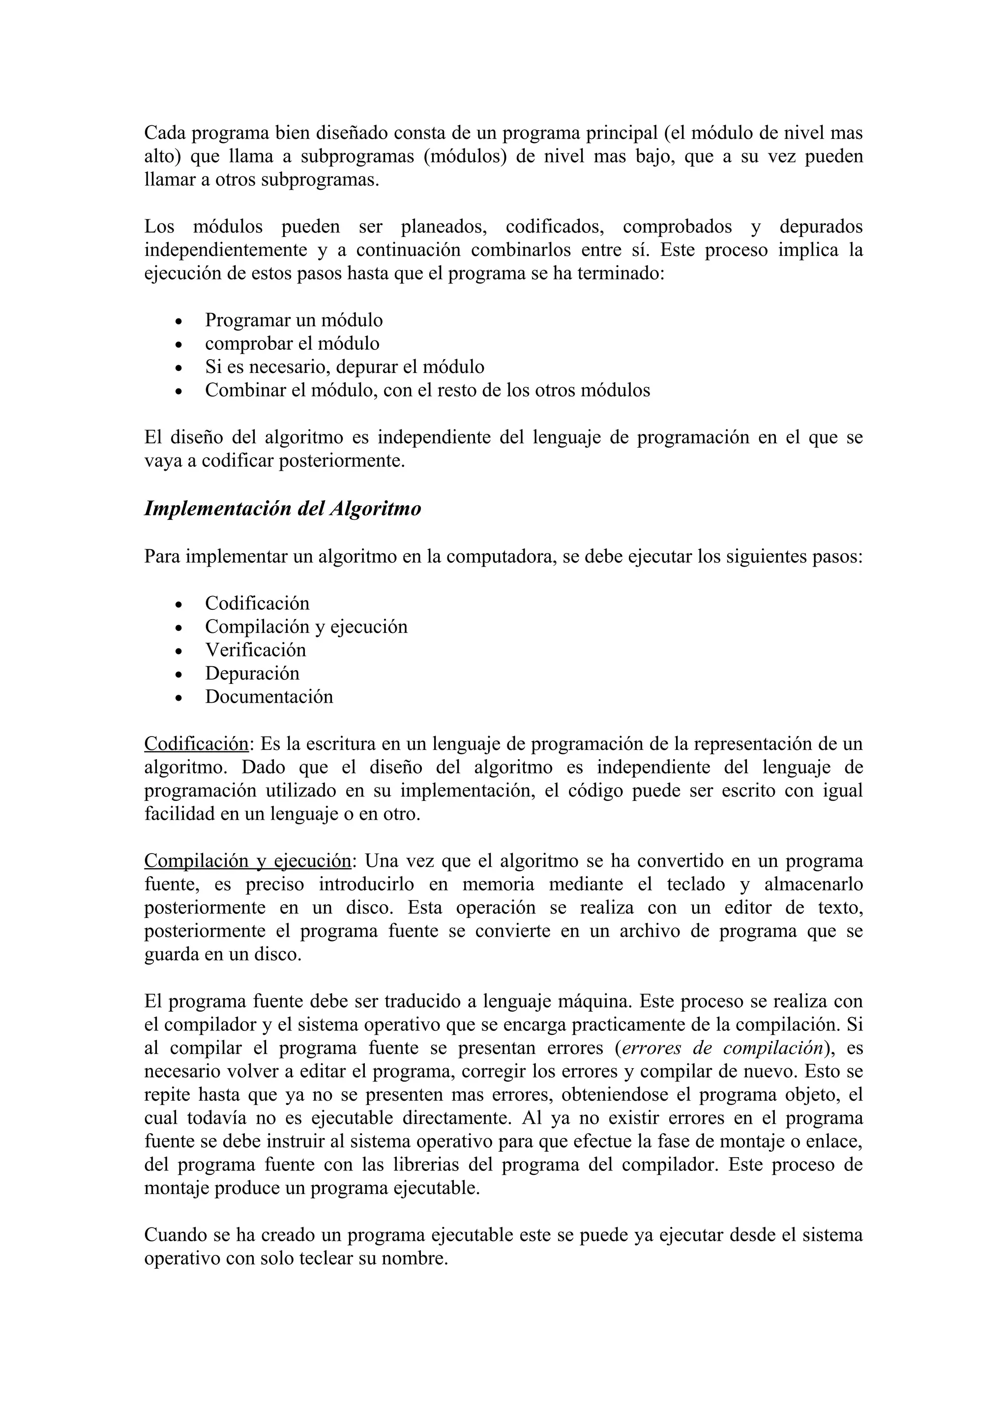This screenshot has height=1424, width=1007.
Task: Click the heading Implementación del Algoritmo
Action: pyautogui.click(x=282, y=509)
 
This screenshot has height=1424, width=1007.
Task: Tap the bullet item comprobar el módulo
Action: pyautogui.click(x=292, y=343)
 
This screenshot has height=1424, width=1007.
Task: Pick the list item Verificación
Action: pyautogui.click(x=256, y=650)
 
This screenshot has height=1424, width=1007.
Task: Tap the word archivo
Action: pyautogui.click(x=641, y=931)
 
